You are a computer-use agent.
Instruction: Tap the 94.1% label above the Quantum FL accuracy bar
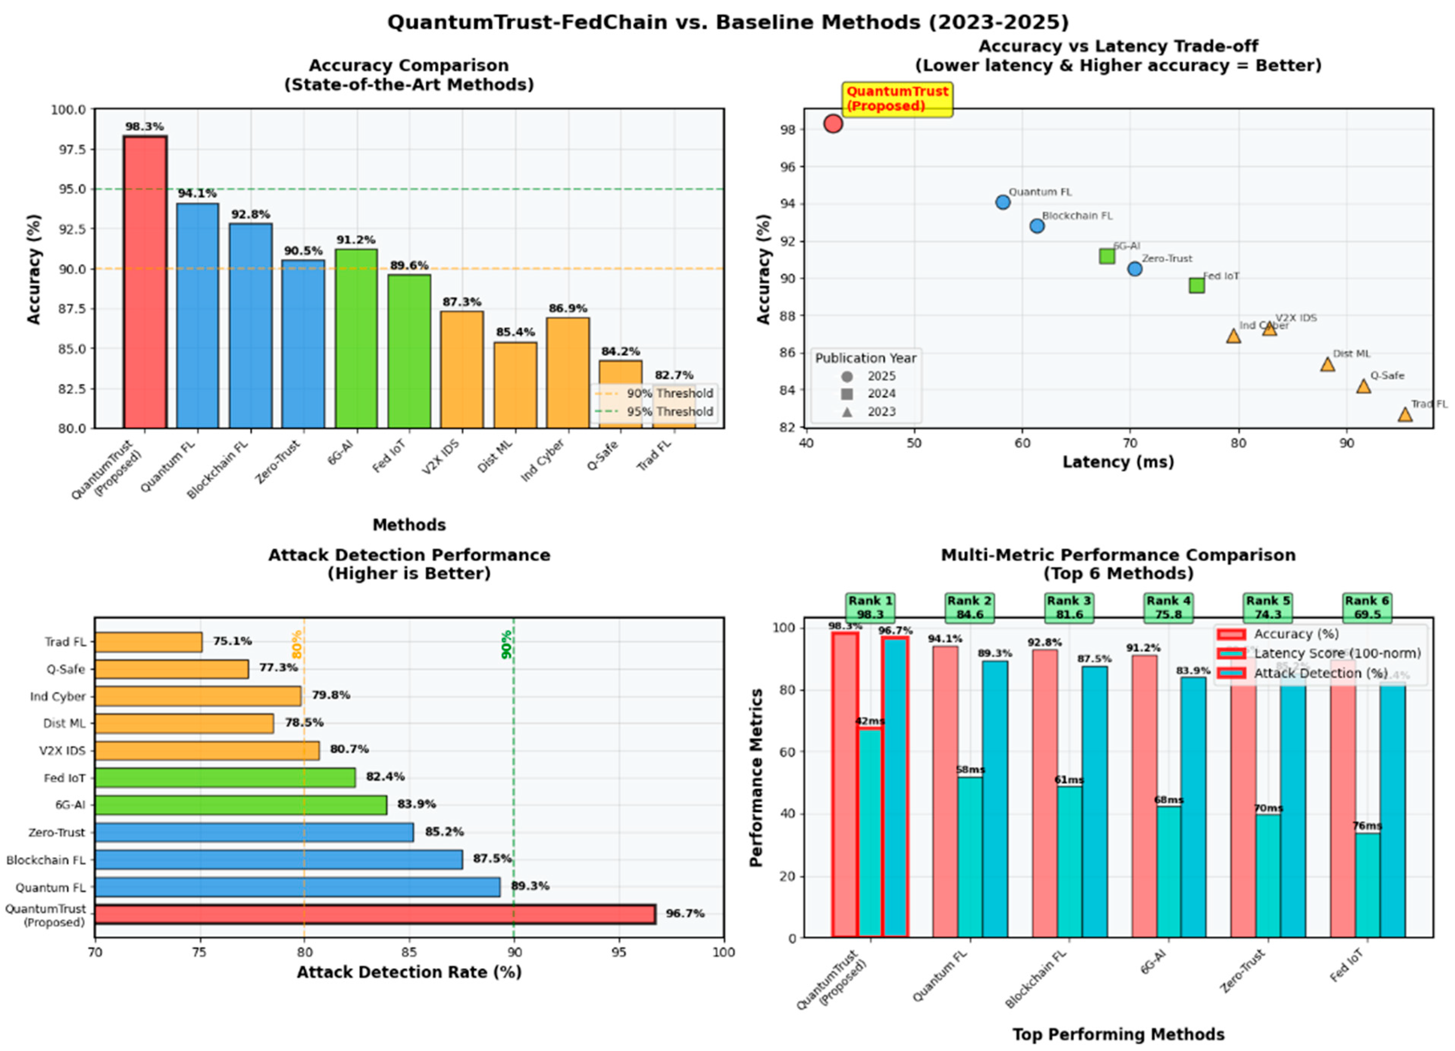click(x=197, y=193)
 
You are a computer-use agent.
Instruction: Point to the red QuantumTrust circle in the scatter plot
click(x=833, y=124)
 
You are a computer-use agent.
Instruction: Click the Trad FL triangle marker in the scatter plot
click(x=1405, y=414)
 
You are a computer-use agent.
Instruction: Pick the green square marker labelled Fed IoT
click(x=1197, y=286)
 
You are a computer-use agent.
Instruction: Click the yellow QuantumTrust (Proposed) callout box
click(x=897, y=99)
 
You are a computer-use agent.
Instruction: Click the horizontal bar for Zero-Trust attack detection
click(x=254, y=832)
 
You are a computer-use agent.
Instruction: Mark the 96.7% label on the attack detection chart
click(x=685, y=913)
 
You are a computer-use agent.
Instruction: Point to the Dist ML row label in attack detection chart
click(x=64, y=723)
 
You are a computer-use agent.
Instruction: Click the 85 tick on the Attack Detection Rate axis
click(x=409, y=952)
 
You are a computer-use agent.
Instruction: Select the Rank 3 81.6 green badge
click(x=1069, y=607)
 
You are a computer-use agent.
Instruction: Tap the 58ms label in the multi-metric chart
click(x=970, y=769)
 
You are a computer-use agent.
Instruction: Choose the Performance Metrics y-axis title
click(x=757, y=778)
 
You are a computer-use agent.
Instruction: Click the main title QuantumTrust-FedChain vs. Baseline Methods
click(x=727, y=22)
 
